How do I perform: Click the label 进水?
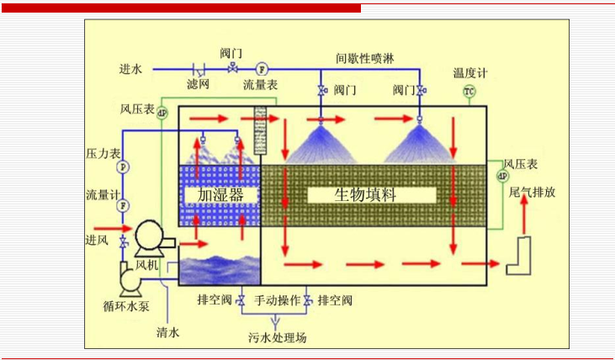click(130, 68)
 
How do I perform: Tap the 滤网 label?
click(199, 85)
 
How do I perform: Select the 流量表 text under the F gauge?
click(260, 85)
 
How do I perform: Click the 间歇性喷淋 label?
click(364, 58)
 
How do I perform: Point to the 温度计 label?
click(469, 74)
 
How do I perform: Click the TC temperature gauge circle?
click(469, 91)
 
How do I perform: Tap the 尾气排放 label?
click(532, 192)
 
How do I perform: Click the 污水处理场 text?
click(277, 338)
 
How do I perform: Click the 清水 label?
click(168, 332)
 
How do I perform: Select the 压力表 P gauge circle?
click(123, 167)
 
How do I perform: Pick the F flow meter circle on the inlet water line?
click(261, 68)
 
